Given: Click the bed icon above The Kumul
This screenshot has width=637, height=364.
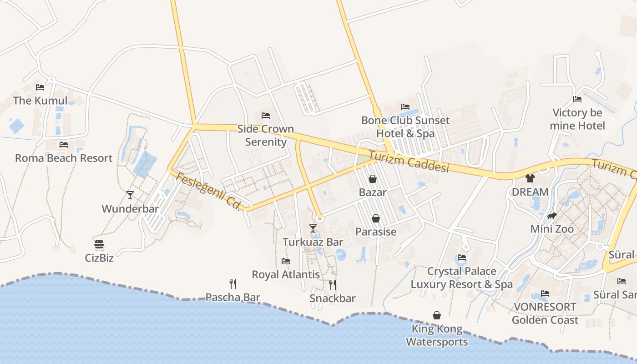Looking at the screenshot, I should (x=40, y=87).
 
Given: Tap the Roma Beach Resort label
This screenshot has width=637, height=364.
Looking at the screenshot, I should (x=64, y=158).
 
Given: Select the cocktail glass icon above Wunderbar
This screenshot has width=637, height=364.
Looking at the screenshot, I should (x=130, y=195).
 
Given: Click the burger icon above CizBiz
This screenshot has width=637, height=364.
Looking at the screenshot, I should (x=99, y=244).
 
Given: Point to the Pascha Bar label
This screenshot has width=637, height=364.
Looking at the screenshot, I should (x=233, y=298).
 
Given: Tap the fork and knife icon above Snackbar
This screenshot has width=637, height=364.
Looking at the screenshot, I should (x=333, y=285).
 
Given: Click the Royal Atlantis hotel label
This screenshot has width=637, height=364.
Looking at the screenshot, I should (x=286, y=274).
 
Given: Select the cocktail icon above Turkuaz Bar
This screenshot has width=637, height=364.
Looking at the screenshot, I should (x=313, y=228).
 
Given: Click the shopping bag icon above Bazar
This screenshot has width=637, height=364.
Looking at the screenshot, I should (x=373, y=179).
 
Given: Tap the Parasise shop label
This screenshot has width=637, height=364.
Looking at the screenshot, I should (x=376, y=232).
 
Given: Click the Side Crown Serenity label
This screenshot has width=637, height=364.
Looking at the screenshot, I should (x=266, y=135).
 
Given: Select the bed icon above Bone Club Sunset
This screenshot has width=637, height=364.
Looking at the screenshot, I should (x=405, y=107).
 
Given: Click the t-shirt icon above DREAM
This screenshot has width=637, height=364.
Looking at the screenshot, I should (x=530, y=178).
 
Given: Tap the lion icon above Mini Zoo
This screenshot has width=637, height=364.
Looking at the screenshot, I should (x=552, y=216).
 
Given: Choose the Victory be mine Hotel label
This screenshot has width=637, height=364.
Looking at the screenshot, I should (x=577, y=119).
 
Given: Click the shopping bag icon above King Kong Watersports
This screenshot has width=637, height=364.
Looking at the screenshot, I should (x=437, y=315).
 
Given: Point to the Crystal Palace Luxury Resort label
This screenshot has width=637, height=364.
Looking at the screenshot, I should (x=461, y=278).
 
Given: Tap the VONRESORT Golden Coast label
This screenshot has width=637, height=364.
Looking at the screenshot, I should (x=545, y=313).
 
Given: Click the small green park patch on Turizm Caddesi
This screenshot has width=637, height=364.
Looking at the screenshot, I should (x=363, y=160).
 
